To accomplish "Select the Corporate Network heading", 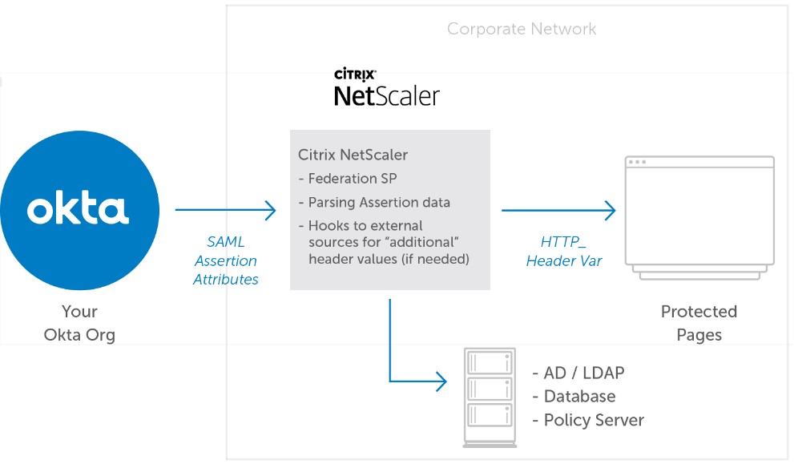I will [x=522, y=30].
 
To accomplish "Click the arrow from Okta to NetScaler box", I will [x=225, y=211].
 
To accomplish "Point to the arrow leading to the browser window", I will [x=558, y=211].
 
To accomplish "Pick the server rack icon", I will [x=490, y=397].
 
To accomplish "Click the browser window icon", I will [x=699, y=217].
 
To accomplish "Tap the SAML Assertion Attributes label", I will [x=226, y=260].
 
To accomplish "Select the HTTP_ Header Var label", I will [x=564, y=252].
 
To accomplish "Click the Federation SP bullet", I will [x=348, y=179].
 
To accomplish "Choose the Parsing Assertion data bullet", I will [x=374, y=202].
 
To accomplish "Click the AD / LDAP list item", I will [x=578, y=373].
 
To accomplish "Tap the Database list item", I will [x=574, y=397].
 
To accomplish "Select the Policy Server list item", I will [x=589, y=420].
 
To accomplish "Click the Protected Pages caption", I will [x=699, y=322].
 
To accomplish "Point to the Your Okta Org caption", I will [x=79, y=322].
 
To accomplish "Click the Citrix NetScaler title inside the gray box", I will [x=353, y=155].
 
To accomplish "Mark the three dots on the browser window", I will [x=637, y=162].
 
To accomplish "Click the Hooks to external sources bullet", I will [x=383, y=242].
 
